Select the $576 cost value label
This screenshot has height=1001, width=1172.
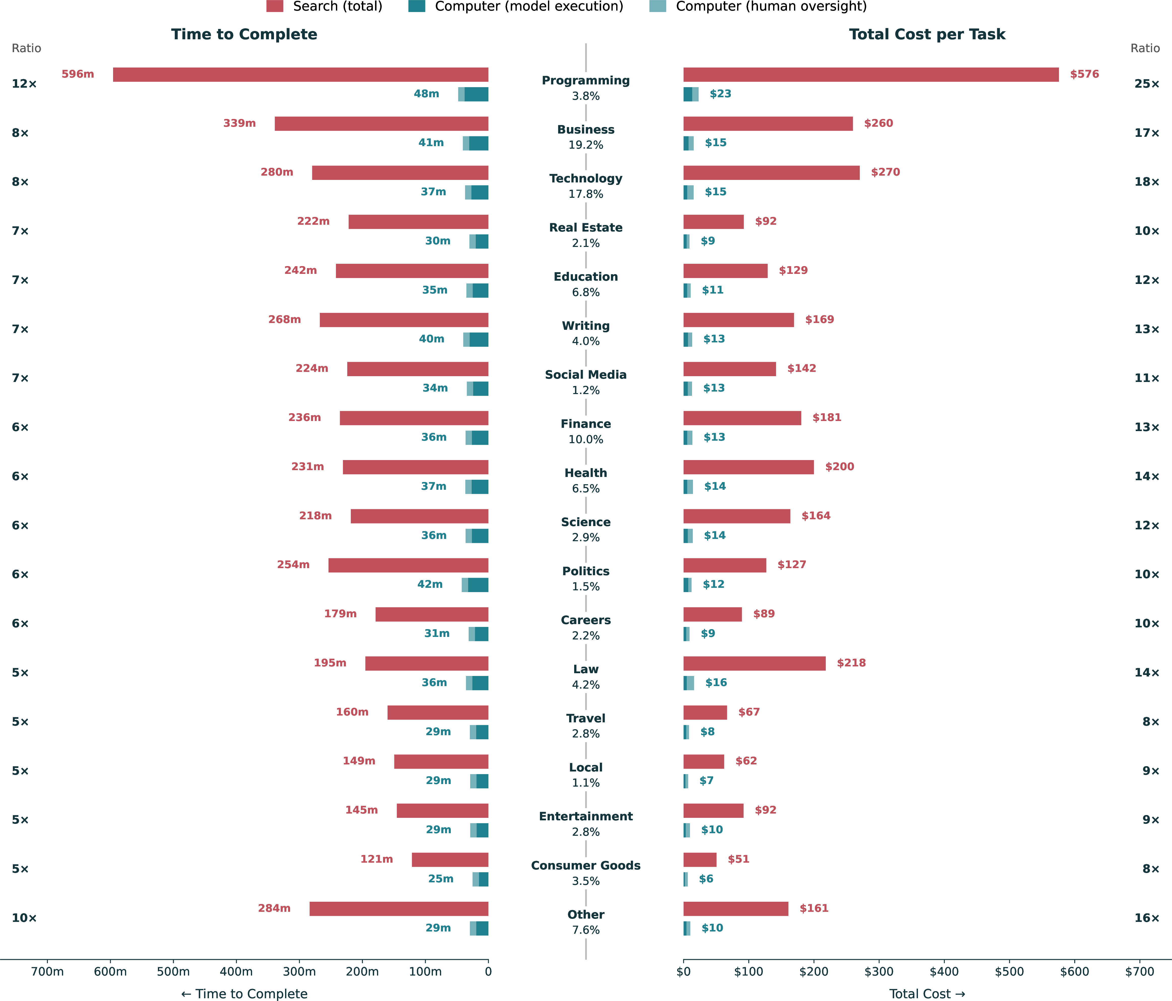click(x=1084, y=74)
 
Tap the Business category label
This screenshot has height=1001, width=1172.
click(x=585, y=130)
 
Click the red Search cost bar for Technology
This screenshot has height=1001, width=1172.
click(x=772, y=173)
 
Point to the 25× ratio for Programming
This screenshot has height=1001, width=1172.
click(x=1147, y=84)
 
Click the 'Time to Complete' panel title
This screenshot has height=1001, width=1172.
click(x=244, y=35)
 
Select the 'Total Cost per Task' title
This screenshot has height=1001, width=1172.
click(x=927, y=35)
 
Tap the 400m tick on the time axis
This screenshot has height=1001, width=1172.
click(x=236, y=972)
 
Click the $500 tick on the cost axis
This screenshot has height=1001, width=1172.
click(x=1009, y=972)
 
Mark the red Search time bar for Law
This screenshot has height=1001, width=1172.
click(x=427, y=663)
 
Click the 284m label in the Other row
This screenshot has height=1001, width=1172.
click(x=274, y=908)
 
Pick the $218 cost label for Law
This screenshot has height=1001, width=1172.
click(x=851, y=663)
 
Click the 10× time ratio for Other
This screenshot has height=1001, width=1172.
click(x=24, y=918)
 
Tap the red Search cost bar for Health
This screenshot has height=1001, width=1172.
click(x=748, y=467)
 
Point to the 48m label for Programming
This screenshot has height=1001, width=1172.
click(x=427, y=94)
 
